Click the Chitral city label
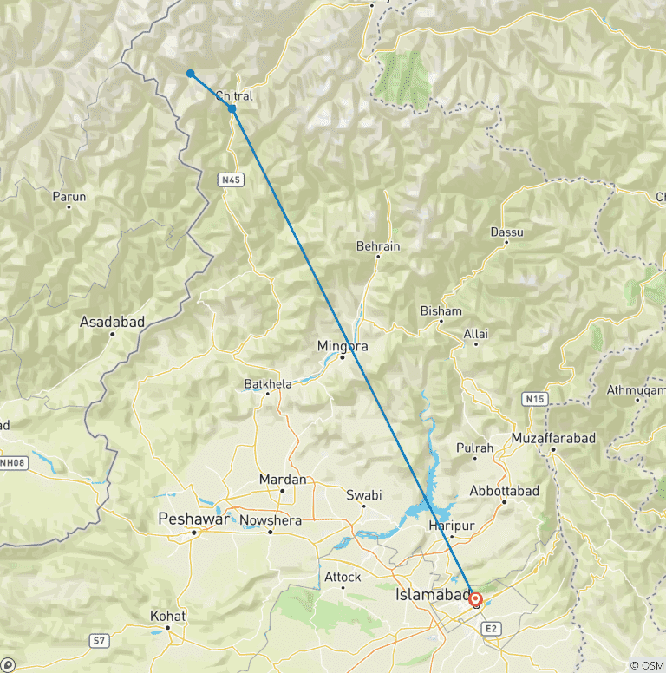click(x=233, y=96)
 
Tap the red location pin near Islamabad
click(x=475, y=599)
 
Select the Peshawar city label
click(x=193, y=519)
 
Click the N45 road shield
click(x=231, y=180)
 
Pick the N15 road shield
click(x=535, y=398)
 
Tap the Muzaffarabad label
click(x=553, y=439)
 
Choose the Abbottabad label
click(x=504, y=491)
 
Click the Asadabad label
click(x=112, y=322)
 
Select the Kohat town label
click(x=167, y=616)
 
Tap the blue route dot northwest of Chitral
click(x=190, y=74)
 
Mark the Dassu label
click(x=506, y=232)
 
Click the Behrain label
click(x=378, y=246)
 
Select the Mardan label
click(x=283, y=480)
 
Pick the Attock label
click(x=343, y=576)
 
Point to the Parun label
click(x=69, y=197)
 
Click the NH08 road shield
click(x=12, y=462)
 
